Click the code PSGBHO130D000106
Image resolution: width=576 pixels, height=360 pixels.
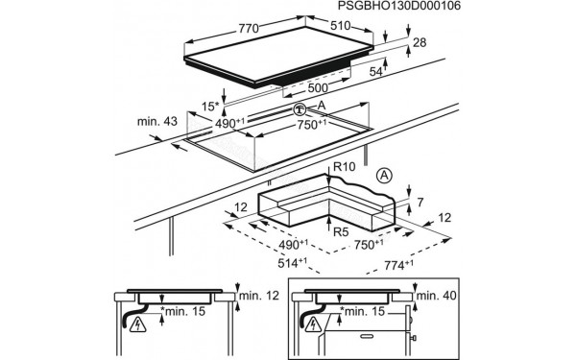point(398,6)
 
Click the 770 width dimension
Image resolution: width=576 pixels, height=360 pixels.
point(249,29)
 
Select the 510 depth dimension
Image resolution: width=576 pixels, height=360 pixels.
point(341,26)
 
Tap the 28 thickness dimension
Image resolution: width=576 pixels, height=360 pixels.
point(420,42)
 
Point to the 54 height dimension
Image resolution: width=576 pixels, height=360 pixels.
point(376,72)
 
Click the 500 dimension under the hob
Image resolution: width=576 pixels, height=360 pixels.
point(318,88)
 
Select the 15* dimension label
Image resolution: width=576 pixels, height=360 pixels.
point(210,107)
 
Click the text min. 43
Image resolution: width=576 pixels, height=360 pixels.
point(157,121)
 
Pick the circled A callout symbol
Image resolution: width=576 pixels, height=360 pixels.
point(384,176)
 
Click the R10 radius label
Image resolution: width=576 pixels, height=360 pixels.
point(345,167)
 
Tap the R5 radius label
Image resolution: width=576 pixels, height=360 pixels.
point(341,232)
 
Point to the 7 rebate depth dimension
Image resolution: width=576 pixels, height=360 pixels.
point(420,202)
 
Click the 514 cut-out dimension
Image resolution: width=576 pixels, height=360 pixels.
point(293,263)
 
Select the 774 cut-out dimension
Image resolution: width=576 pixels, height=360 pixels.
point(398,265)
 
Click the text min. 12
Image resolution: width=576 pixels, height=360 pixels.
point(259,296)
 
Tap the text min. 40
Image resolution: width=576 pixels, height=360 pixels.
point(437,296)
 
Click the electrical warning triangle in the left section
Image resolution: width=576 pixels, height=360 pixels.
point(138,324)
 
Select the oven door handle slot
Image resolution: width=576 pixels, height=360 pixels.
point(367,336)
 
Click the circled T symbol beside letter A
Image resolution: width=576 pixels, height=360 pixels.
point(300,109)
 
